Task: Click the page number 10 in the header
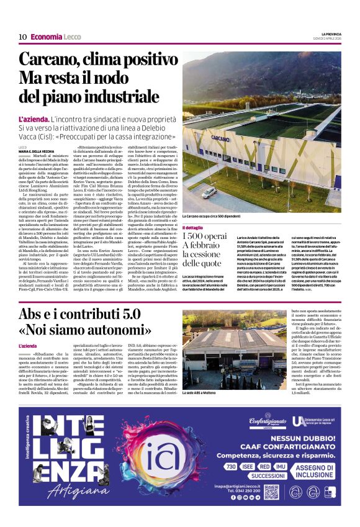click(x=22, y=37)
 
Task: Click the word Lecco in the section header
click(x=72, y=37)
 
